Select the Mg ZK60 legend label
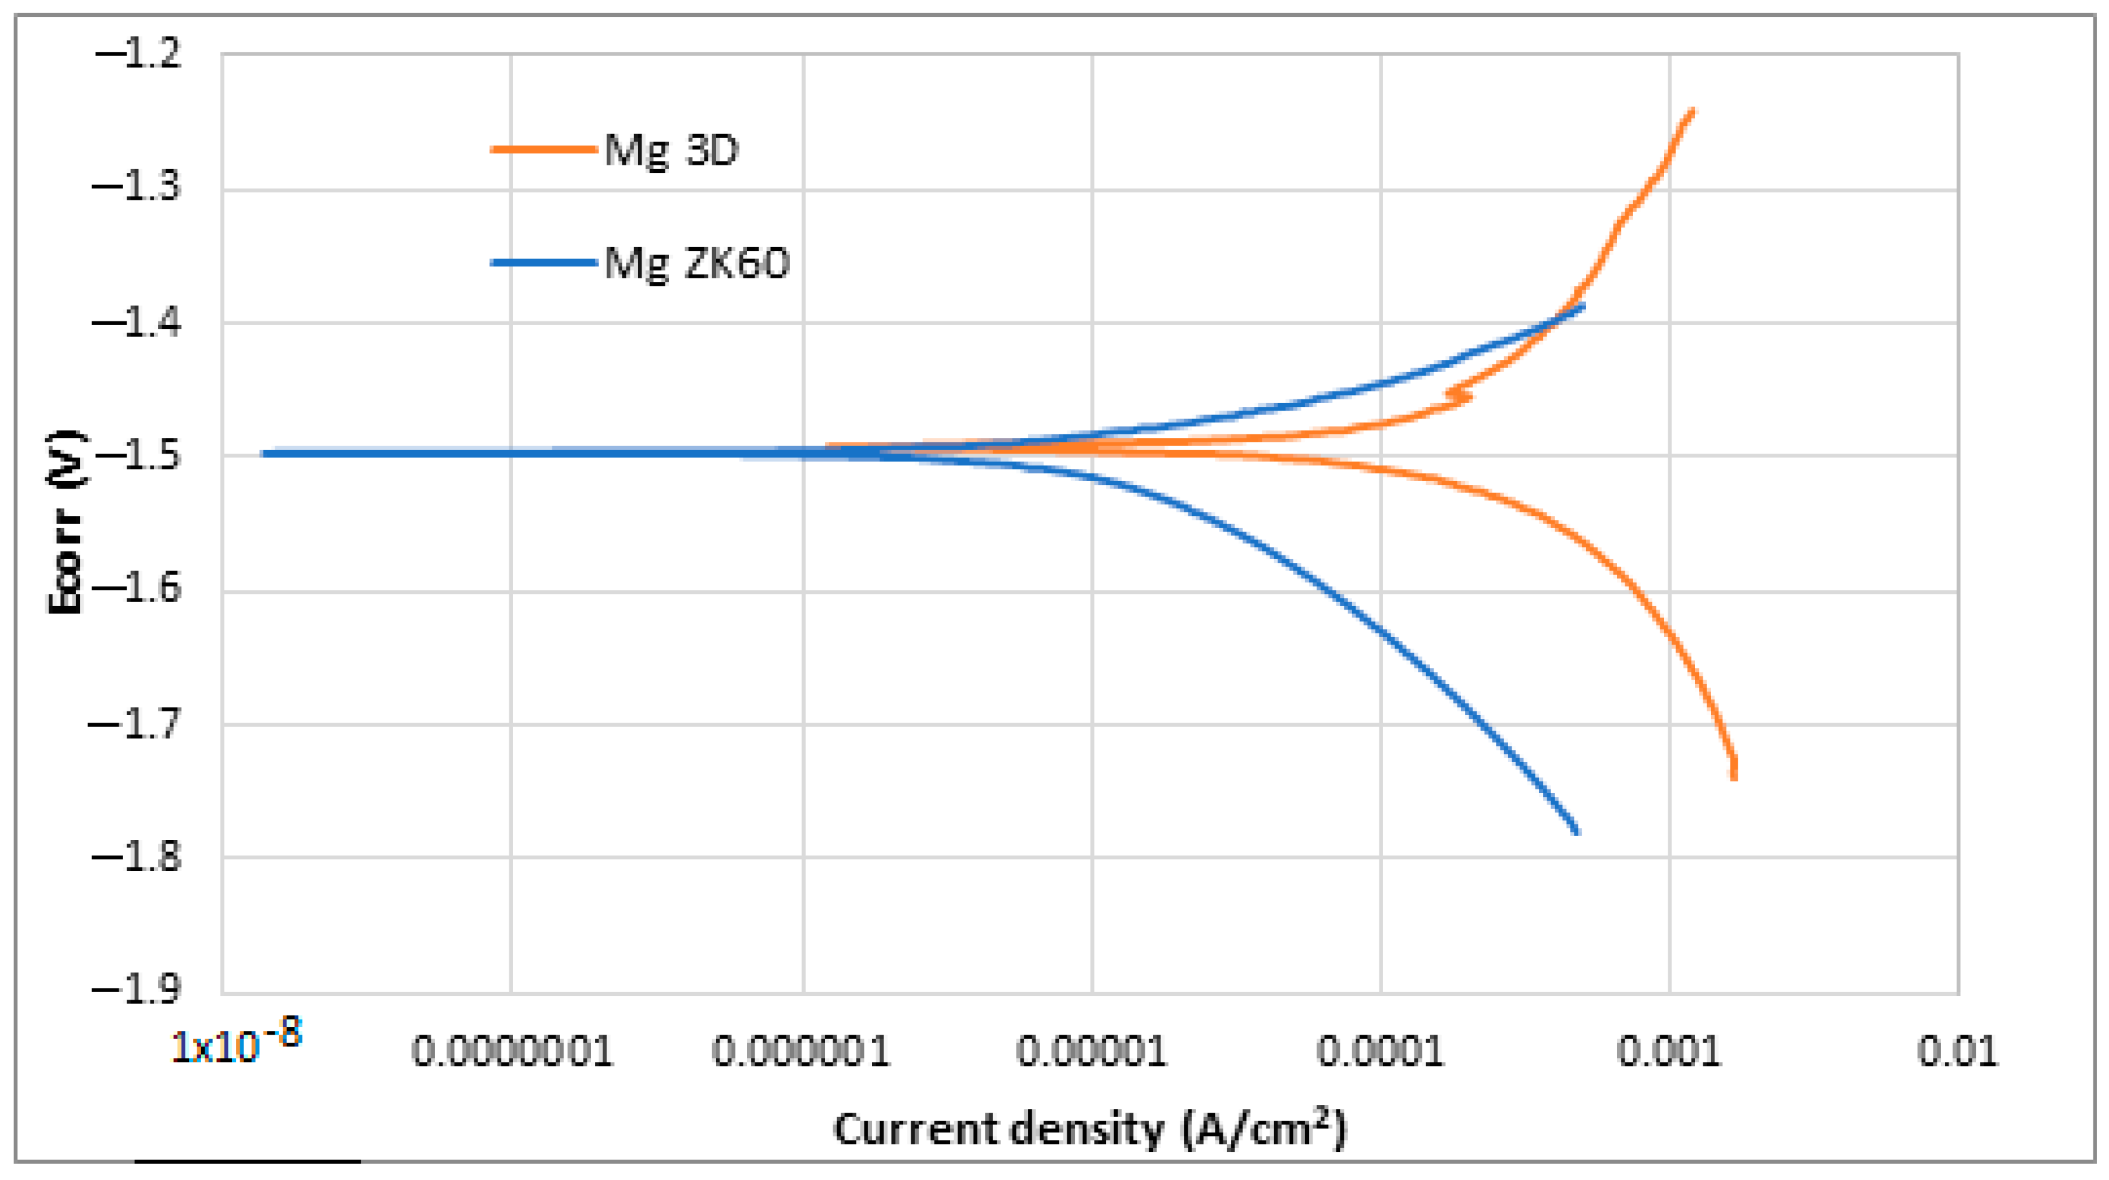tap(697, 263)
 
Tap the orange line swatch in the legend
tap(543, 149)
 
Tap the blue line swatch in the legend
tap(543, 263)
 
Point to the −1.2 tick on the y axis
tap(137, 55)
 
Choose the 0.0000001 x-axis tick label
tap(512, 1051)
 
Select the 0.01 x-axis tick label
tap(1957, 1051)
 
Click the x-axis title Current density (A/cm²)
tap(1090, 1130)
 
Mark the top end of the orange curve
tap(1692, 110)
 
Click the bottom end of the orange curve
tap(1734, 778)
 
